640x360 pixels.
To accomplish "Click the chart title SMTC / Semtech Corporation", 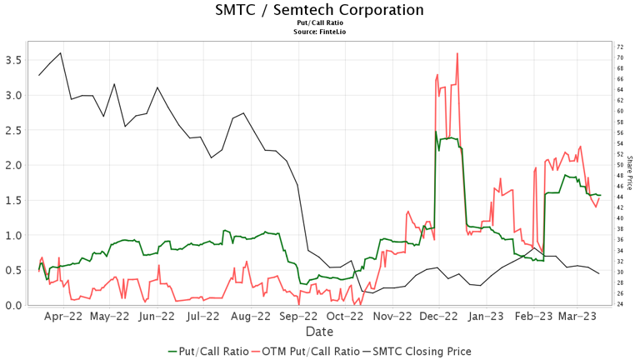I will [x=319, y=10].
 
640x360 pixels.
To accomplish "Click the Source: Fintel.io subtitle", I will [x=319, y=31].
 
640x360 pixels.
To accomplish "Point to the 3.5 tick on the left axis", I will [x=13, y=60].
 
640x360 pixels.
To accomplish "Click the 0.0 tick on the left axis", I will [x=13, y=305].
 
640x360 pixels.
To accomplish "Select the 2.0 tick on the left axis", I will [x=13, y=165].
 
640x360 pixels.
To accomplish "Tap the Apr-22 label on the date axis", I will [x=62, y=317].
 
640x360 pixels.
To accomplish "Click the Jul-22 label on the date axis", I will [x=203, y=317].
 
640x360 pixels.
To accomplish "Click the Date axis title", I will [x=319, y=331].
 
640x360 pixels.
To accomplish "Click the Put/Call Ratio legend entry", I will [x=208, y=351].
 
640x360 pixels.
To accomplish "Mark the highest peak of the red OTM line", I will [x=457, y=53].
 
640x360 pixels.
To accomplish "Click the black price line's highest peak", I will [x=60, y=52].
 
